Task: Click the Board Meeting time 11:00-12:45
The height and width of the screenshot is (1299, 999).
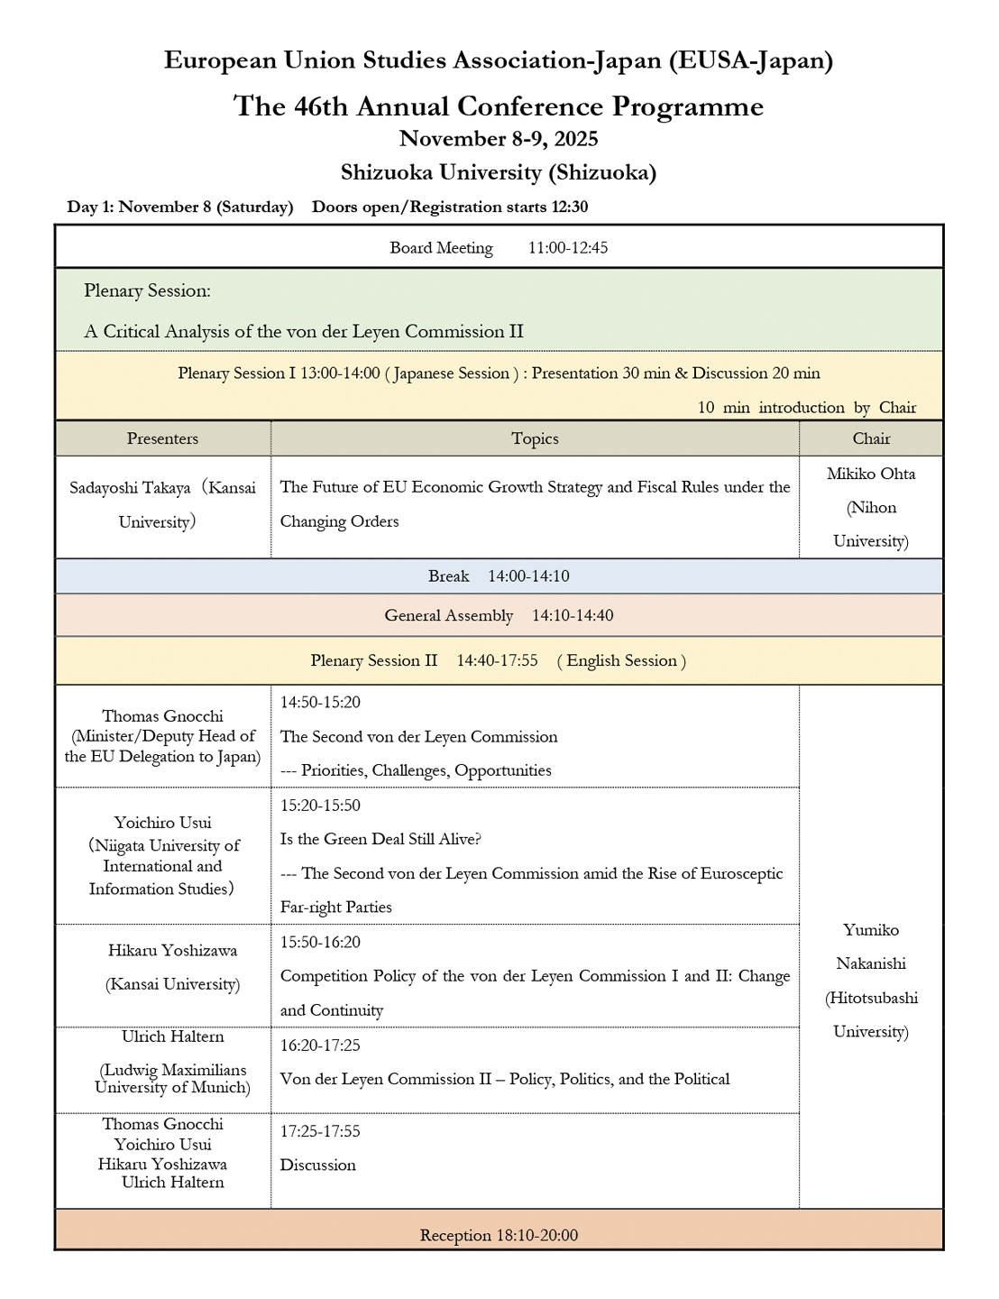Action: pos(568,248)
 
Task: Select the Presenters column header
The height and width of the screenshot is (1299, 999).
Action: pos(162,439)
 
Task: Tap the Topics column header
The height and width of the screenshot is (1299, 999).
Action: pos(535,439)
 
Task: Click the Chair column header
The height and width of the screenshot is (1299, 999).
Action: pos(871,439)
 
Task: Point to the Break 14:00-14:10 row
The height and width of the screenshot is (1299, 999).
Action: pos(499,576)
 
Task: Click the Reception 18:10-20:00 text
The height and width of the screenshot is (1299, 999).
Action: pos(499,1236)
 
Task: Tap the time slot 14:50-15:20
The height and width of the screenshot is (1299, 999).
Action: pos(320,703)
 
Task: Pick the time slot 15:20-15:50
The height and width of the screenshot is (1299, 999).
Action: pos(320,806)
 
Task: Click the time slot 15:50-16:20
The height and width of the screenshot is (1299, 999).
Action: pos(320,943)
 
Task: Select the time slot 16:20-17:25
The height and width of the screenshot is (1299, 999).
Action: pos(320,1046)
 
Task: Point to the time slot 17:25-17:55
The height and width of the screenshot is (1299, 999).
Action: pos(320,1131)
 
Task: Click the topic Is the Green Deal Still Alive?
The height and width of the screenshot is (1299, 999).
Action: pos(380,840)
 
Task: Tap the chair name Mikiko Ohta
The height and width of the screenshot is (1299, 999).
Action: pos(871,474)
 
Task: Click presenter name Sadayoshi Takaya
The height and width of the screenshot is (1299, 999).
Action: pos(131,488)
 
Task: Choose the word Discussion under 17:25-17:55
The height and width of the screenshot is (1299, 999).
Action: pos(317,1165)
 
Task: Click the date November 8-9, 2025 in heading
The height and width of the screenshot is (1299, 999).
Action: pos(499,139)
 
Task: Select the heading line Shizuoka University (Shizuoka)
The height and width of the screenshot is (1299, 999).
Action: pos(499,172)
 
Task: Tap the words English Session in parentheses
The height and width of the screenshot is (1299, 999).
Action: pos(621,661)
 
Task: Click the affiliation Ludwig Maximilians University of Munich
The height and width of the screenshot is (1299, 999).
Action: pos(172,1079)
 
